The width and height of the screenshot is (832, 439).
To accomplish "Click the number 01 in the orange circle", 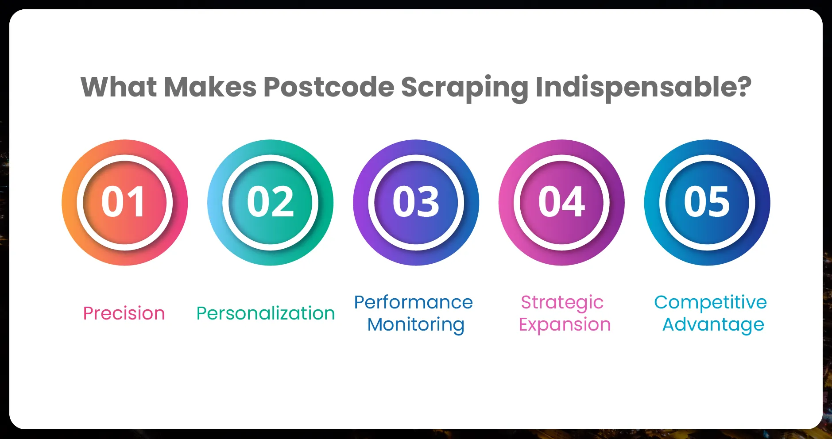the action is pyautogui.click(x=123, y=202).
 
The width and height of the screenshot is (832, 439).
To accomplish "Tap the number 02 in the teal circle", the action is pyautogui.click(x=270, y=202).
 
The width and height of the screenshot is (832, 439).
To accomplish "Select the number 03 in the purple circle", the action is pyautogui.click(x=416, y=202).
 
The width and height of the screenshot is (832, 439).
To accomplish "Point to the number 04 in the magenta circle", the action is pyautogui.click(x=561, y=202).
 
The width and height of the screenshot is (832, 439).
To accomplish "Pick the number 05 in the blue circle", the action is pyautogui.click(x=707, y=202).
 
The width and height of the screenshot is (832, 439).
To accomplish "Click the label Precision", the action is pyautogui.click(x=124, y=313).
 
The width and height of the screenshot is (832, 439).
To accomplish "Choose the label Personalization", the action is pyautogui.click(x=266, y=313).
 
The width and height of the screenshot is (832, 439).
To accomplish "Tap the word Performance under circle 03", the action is pyautogui.click(x=414, y=302).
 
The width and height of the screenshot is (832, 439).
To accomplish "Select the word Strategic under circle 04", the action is pyautogui.click(x=562, y=303).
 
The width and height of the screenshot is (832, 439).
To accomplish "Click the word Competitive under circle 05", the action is pyautogui.click(x=711, y=303).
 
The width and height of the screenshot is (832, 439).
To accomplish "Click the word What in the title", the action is pyautogui.click(x=119, y=87).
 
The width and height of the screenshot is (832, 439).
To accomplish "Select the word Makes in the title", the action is pyautogui.click(x=210, y=87).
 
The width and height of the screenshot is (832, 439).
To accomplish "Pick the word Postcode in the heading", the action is pyautogui.click(x=329, y=87).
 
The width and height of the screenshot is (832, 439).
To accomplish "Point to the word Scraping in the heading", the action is pyautogui.click(x=464, y=89).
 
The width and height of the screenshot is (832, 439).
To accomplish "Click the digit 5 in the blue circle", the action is pyautogui.click(x=719, y=202).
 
